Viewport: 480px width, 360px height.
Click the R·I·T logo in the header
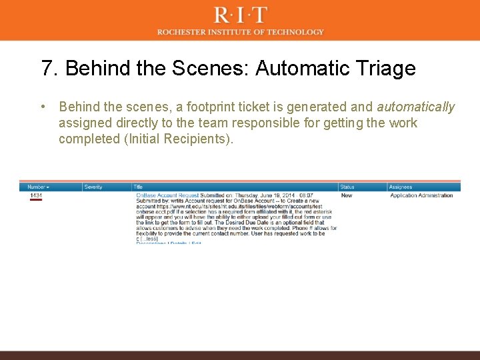click(x=241, y=15)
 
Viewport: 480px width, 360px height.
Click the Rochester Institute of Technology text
click(x=241, y=32)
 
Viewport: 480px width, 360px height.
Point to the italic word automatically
click(x=415, y=107)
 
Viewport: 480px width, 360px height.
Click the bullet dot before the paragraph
click(x=42, y=107)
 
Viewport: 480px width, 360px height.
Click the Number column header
click(x=38, y=187)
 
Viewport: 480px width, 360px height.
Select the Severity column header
click(x=93, y=187)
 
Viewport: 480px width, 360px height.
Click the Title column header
click(x=138, y=187)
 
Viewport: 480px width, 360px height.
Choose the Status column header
click(x=347, y=187)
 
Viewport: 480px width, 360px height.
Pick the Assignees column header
click(x=401, y=187)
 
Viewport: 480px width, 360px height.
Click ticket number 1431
click(x=36, y=195)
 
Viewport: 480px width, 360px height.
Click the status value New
click(x=347, y=195)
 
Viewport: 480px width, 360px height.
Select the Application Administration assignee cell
click(x=421, y=195)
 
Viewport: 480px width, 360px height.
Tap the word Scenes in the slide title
click(x=214, y=69)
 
